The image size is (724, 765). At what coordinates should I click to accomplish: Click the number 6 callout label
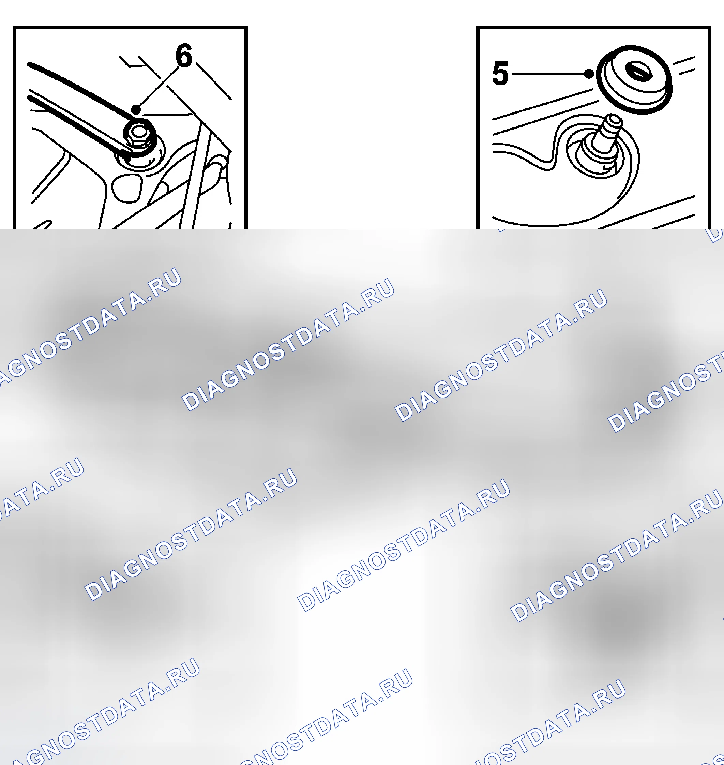coord(184,55)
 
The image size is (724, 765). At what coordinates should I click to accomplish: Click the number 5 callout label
coord(500,73)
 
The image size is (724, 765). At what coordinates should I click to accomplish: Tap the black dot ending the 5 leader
coord(589,73)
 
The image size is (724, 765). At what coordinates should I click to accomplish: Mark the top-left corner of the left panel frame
coord(14,27)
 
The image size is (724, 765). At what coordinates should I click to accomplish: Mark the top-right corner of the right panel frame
coord(710,27)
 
